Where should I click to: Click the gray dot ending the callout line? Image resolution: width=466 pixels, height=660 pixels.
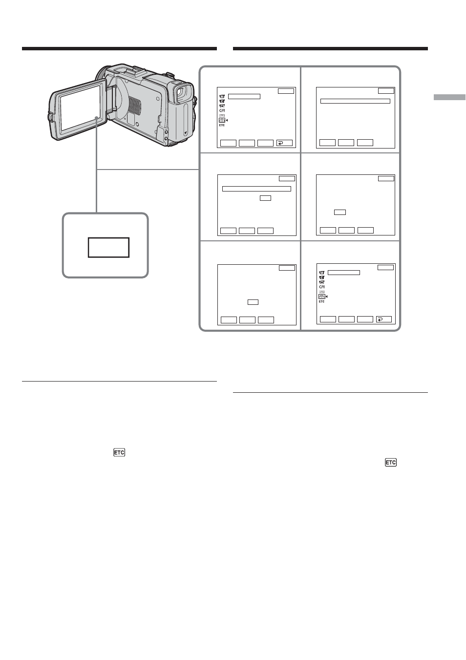(96, 118)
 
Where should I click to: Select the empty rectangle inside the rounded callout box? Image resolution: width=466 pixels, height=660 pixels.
(109, 248)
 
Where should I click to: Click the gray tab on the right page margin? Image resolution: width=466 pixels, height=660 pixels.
(449, 97)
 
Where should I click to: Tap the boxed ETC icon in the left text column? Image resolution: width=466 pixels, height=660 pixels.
(119, 452)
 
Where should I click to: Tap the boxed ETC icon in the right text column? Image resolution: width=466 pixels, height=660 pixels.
(391, 462)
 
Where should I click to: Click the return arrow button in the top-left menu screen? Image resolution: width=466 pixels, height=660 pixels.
(284, 143)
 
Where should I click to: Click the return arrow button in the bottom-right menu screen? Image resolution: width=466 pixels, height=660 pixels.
(384, 319)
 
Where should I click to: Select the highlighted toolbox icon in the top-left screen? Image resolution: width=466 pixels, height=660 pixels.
(222, 120)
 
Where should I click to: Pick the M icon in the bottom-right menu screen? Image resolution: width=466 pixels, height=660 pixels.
(322, 273)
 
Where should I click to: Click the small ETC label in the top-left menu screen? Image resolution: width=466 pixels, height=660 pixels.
(222, 125)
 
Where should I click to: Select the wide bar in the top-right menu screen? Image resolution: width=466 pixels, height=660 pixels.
(355, 101)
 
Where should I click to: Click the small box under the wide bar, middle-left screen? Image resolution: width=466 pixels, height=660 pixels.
(265, 198)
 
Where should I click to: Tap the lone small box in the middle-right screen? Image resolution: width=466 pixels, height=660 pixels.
(340, 212)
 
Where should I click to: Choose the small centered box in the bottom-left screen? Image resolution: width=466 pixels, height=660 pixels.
(253, 302)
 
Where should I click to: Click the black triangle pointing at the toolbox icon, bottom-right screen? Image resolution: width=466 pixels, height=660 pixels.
(326, 297)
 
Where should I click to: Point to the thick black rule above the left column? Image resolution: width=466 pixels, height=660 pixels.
(119, 49)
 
